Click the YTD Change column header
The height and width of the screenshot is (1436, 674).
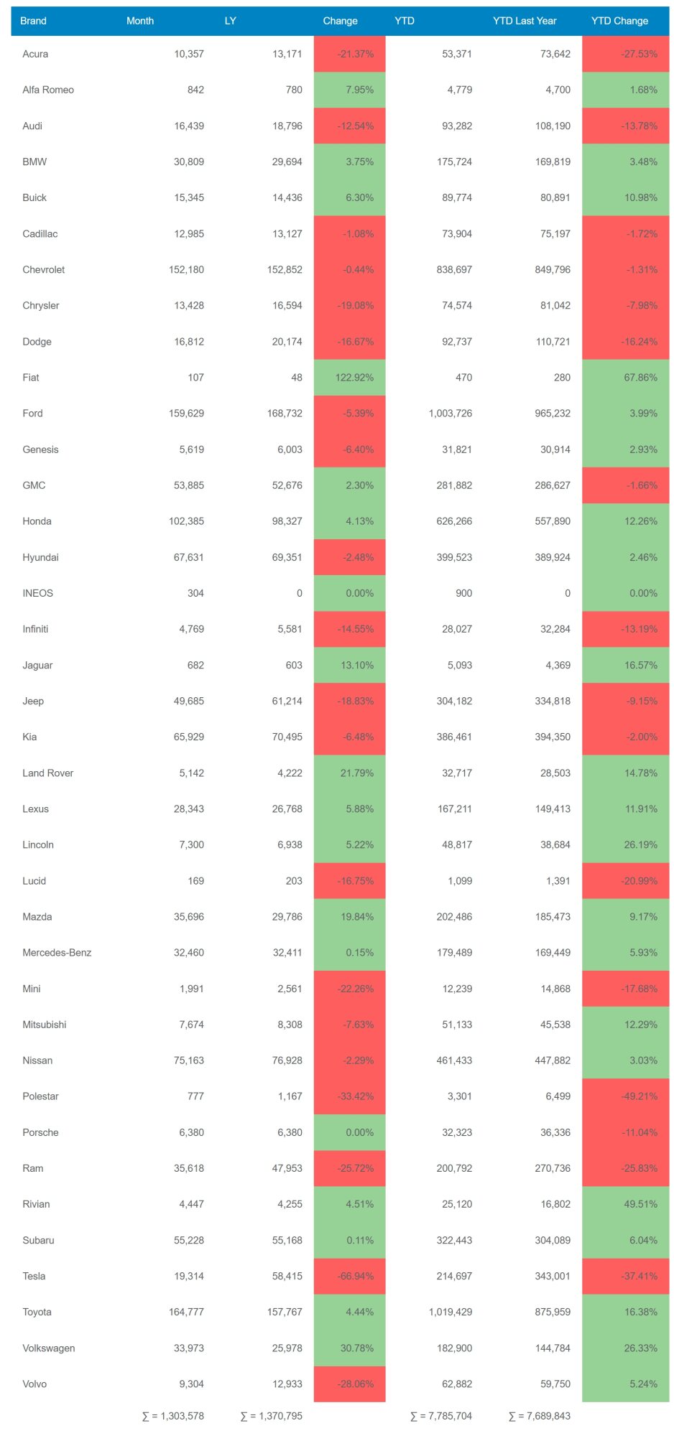(619, 21)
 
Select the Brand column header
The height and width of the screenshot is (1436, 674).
(33, 21)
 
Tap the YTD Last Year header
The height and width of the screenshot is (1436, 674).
(524, 21)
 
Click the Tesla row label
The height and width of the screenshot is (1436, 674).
(34, 1276)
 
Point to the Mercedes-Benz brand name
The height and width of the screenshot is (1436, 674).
(57, 953)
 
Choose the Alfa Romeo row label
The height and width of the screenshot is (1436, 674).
(48, 90)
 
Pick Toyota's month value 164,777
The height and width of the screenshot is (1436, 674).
(186, 1312)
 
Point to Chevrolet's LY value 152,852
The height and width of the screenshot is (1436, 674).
(285, 270)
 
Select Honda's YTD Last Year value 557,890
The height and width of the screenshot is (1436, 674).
(553, 521)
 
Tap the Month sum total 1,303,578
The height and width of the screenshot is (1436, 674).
(173, 1416)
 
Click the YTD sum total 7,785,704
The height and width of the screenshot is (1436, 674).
(441, 1416)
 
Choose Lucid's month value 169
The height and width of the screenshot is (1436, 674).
(195, 881)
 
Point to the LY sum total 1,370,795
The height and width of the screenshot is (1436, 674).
(272, 1416)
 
